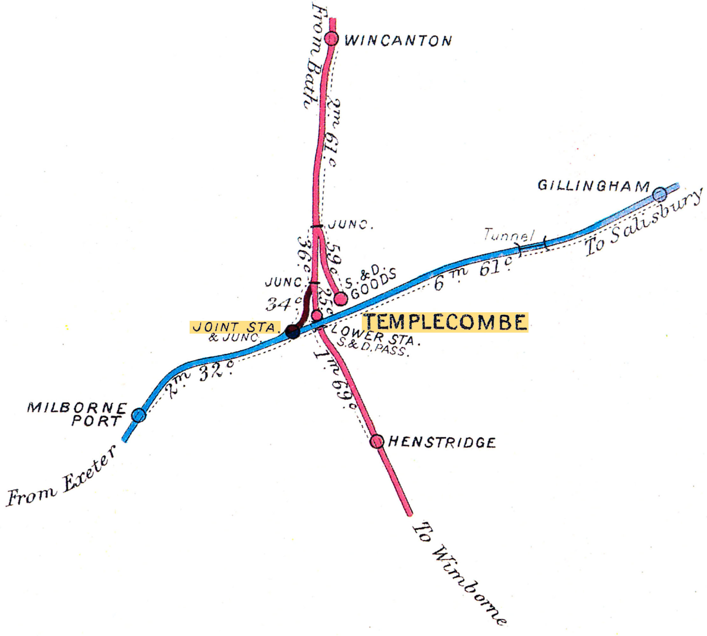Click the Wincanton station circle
click(x=331, y=38)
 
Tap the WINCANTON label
click(x=398, y=41)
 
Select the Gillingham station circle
click(x=660, y=194)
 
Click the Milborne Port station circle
click(x=139, y=415)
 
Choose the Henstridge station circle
click(x=377, y=441)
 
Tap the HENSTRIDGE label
click(x=442, y=442)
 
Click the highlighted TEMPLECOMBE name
click(x=445, y=322)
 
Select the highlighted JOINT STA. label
click(x=234, y=327)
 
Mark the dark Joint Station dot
click(x=293, y=331)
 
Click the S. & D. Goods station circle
click(x=340, y=299)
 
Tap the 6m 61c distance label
click(x=473, y=275)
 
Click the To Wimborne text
click(x=458, y=573)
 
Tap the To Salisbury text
click(x=643, y=222)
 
